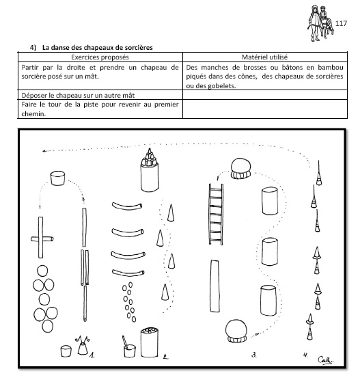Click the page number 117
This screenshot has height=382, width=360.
tap(341, 23)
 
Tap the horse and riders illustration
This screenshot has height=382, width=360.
tap(320, 23)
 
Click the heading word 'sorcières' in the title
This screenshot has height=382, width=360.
tap(137, 48)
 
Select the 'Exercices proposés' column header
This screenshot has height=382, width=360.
tap(100, 57)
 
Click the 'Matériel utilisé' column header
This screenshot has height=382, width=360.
tap(264, 57)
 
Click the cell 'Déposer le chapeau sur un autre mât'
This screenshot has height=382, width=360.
tap(78, 95)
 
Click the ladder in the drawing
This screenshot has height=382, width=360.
tap(216, 215)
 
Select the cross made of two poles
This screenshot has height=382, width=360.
tap(41, 238)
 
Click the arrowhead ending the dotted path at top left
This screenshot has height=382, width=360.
tap(44, 151)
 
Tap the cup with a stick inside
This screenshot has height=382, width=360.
tap(129, 347)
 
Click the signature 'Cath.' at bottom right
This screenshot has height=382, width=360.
tap(326, 360)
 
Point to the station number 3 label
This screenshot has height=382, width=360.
tap(254, 355)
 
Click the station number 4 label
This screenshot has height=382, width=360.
tap(305, 355)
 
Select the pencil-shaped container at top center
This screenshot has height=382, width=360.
tap(150, 170)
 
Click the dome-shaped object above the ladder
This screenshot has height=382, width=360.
tap(240, 169)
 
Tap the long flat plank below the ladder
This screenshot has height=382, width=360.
tap(214, 286)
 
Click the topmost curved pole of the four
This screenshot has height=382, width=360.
tap(127, 206)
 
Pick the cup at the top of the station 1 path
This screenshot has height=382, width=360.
tap(58, 178)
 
